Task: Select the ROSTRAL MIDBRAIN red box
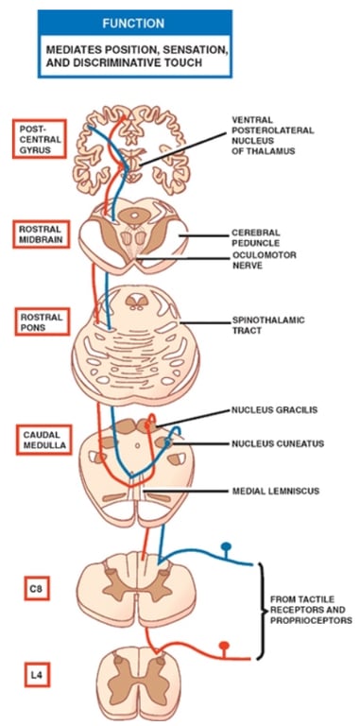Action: [x=40, y=234]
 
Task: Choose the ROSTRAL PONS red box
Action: [x=40, y=323]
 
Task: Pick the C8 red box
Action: [x=39, y=588]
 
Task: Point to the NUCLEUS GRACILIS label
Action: [x=274, y=411]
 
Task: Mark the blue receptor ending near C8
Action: [x=227, y=547]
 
